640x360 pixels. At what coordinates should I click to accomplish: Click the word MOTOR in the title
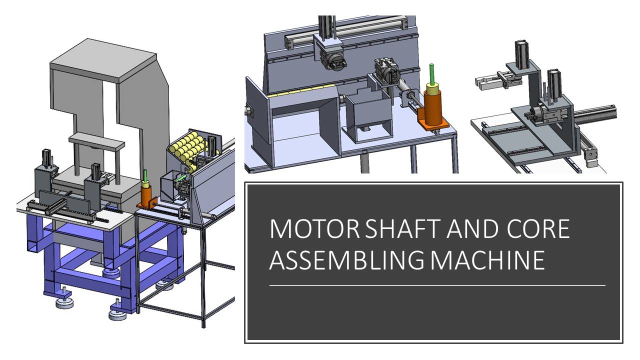[315, 229]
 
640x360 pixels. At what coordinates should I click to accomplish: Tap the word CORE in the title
[538, 229]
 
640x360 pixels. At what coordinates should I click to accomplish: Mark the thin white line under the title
[437, 285]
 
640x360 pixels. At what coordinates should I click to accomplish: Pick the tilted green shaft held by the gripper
[180, 178]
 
